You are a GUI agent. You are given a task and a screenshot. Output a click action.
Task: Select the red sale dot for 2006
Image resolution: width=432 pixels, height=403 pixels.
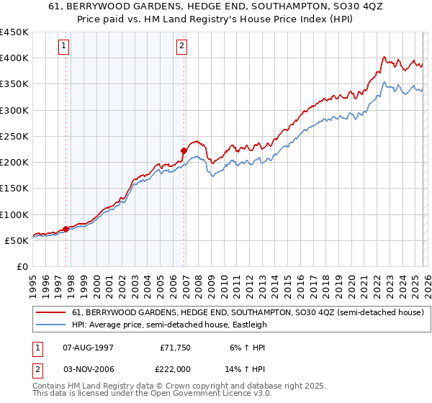[x=184, y=151]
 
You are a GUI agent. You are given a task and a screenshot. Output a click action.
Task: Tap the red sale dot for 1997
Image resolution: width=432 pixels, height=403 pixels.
[x=66, y=229]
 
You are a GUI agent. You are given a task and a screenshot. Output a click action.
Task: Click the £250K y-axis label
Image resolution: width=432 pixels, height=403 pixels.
[x=14, y=136]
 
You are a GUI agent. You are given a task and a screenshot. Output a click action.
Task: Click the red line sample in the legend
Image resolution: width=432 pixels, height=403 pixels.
[x=51, y=312]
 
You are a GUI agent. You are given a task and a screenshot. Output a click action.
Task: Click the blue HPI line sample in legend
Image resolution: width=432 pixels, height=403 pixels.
[x=51, y=325]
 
